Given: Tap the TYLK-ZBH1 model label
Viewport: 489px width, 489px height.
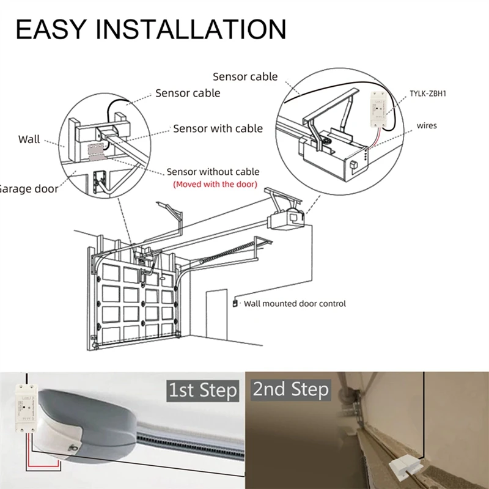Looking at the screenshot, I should tap(432, 95).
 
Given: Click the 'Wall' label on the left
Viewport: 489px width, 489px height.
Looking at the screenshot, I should tap(29, 139).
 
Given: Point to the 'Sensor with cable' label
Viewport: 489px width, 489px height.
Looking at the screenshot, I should tap(218, 128).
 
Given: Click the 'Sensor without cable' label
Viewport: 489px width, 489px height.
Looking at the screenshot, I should tap(213, 172).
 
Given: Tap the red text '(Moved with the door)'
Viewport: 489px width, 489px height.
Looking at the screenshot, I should tap(215, 184).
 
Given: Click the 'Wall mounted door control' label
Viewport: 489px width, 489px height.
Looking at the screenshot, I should tap(295, 303).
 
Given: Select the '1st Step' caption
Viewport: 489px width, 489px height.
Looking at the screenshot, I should tap(203, 389).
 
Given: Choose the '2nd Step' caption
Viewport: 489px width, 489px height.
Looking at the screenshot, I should tap(291, 389).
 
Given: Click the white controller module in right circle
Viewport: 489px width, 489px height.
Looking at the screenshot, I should tap(379, 109).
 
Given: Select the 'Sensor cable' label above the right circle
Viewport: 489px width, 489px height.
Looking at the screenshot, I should tap(244, 77).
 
